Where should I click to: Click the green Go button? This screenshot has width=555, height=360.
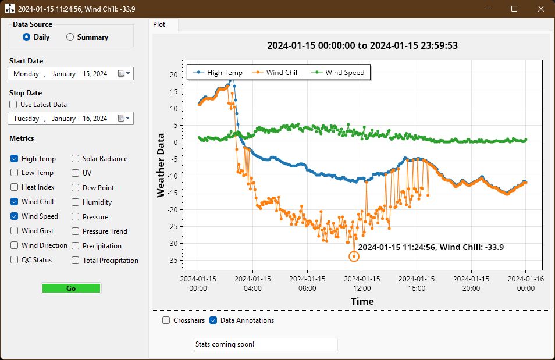71,288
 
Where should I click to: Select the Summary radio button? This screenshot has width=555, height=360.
70,37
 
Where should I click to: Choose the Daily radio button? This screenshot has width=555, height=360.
26,37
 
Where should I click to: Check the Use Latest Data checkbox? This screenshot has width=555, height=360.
13,105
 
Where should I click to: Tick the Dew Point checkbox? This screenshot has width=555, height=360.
76,188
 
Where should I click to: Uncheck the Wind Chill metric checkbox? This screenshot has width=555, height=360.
14,202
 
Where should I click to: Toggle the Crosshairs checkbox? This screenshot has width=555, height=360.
166,320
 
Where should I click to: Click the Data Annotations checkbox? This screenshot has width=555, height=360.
214,320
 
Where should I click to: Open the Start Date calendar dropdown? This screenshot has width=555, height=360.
124,74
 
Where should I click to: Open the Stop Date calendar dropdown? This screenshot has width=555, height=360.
124,119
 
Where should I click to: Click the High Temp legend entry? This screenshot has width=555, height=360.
219,73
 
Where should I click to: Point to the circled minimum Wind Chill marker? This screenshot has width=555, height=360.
354,256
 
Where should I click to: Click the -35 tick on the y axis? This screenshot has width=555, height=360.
173,260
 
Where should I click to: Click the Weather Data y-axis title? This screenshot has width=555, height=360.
161,165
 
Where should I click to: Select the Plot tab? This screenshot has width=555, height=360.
159,25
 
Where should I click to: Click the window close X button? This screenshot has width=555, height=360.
541,9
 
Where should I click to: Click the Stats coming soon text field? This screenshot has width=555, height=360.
265,344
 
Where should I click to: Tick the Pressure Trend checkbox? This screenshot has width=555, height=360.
76,231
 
